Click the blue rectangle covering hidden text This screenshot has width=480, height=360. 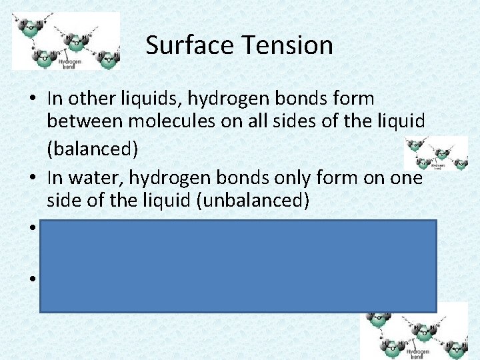(x=238, y=266)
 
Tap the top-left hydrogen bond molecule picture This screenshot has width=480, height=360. (x=66, y=41)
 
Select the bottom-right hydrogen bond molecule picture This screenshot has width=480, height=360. (x=414, y=331)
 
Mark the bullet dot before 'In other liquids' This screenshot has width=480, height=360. (x=32, y=99)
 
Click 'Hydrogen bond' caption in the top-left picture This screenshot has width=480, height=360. (x=70, y=63)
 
